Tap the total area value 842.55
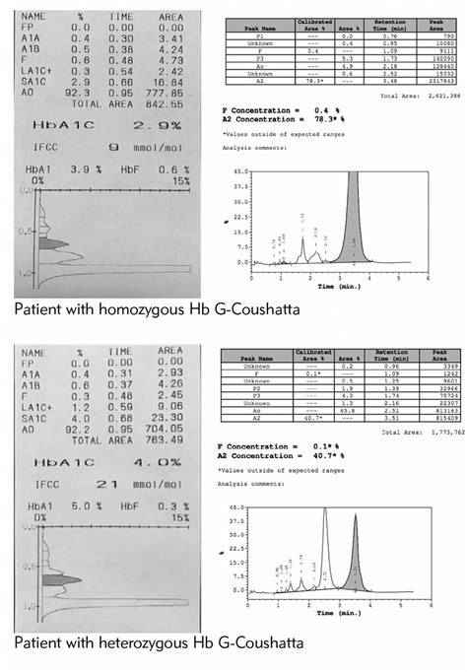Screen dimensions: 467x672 coord(159,102)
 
